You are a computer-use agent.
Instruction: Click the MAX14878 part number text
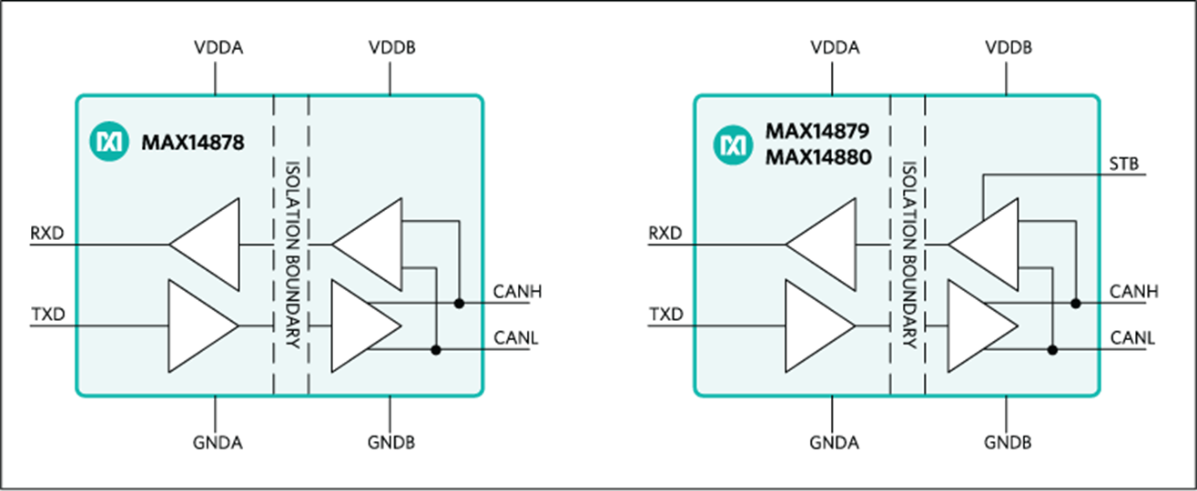click(192, 142)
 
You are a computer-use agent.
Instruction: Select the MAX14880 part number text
click(818, 158)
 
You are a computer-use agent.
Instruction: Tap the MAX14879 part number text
click(818, 130)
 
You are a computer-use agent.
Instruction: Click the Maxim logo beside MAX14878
click(107, 142)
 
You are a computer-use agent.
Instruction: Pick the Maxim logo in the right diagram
click(734, 144)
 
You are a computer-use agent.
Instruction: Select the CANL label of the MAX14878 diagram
click(517, 337)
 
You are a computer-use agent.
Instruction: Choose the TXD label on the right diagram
click(663, 315)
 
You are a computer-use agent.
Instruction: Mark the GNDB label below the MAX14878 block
click(390, 443)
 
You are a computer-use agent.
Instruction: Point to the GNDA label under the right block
click(834, 443)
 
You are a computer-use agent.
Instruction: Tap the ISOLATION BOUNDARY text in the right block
click(908, 256)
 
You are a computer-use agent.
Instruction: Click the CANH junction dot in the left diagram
click(458, 303)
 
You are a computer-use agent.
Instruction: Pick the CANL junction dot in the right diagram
click(1054, 349)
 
